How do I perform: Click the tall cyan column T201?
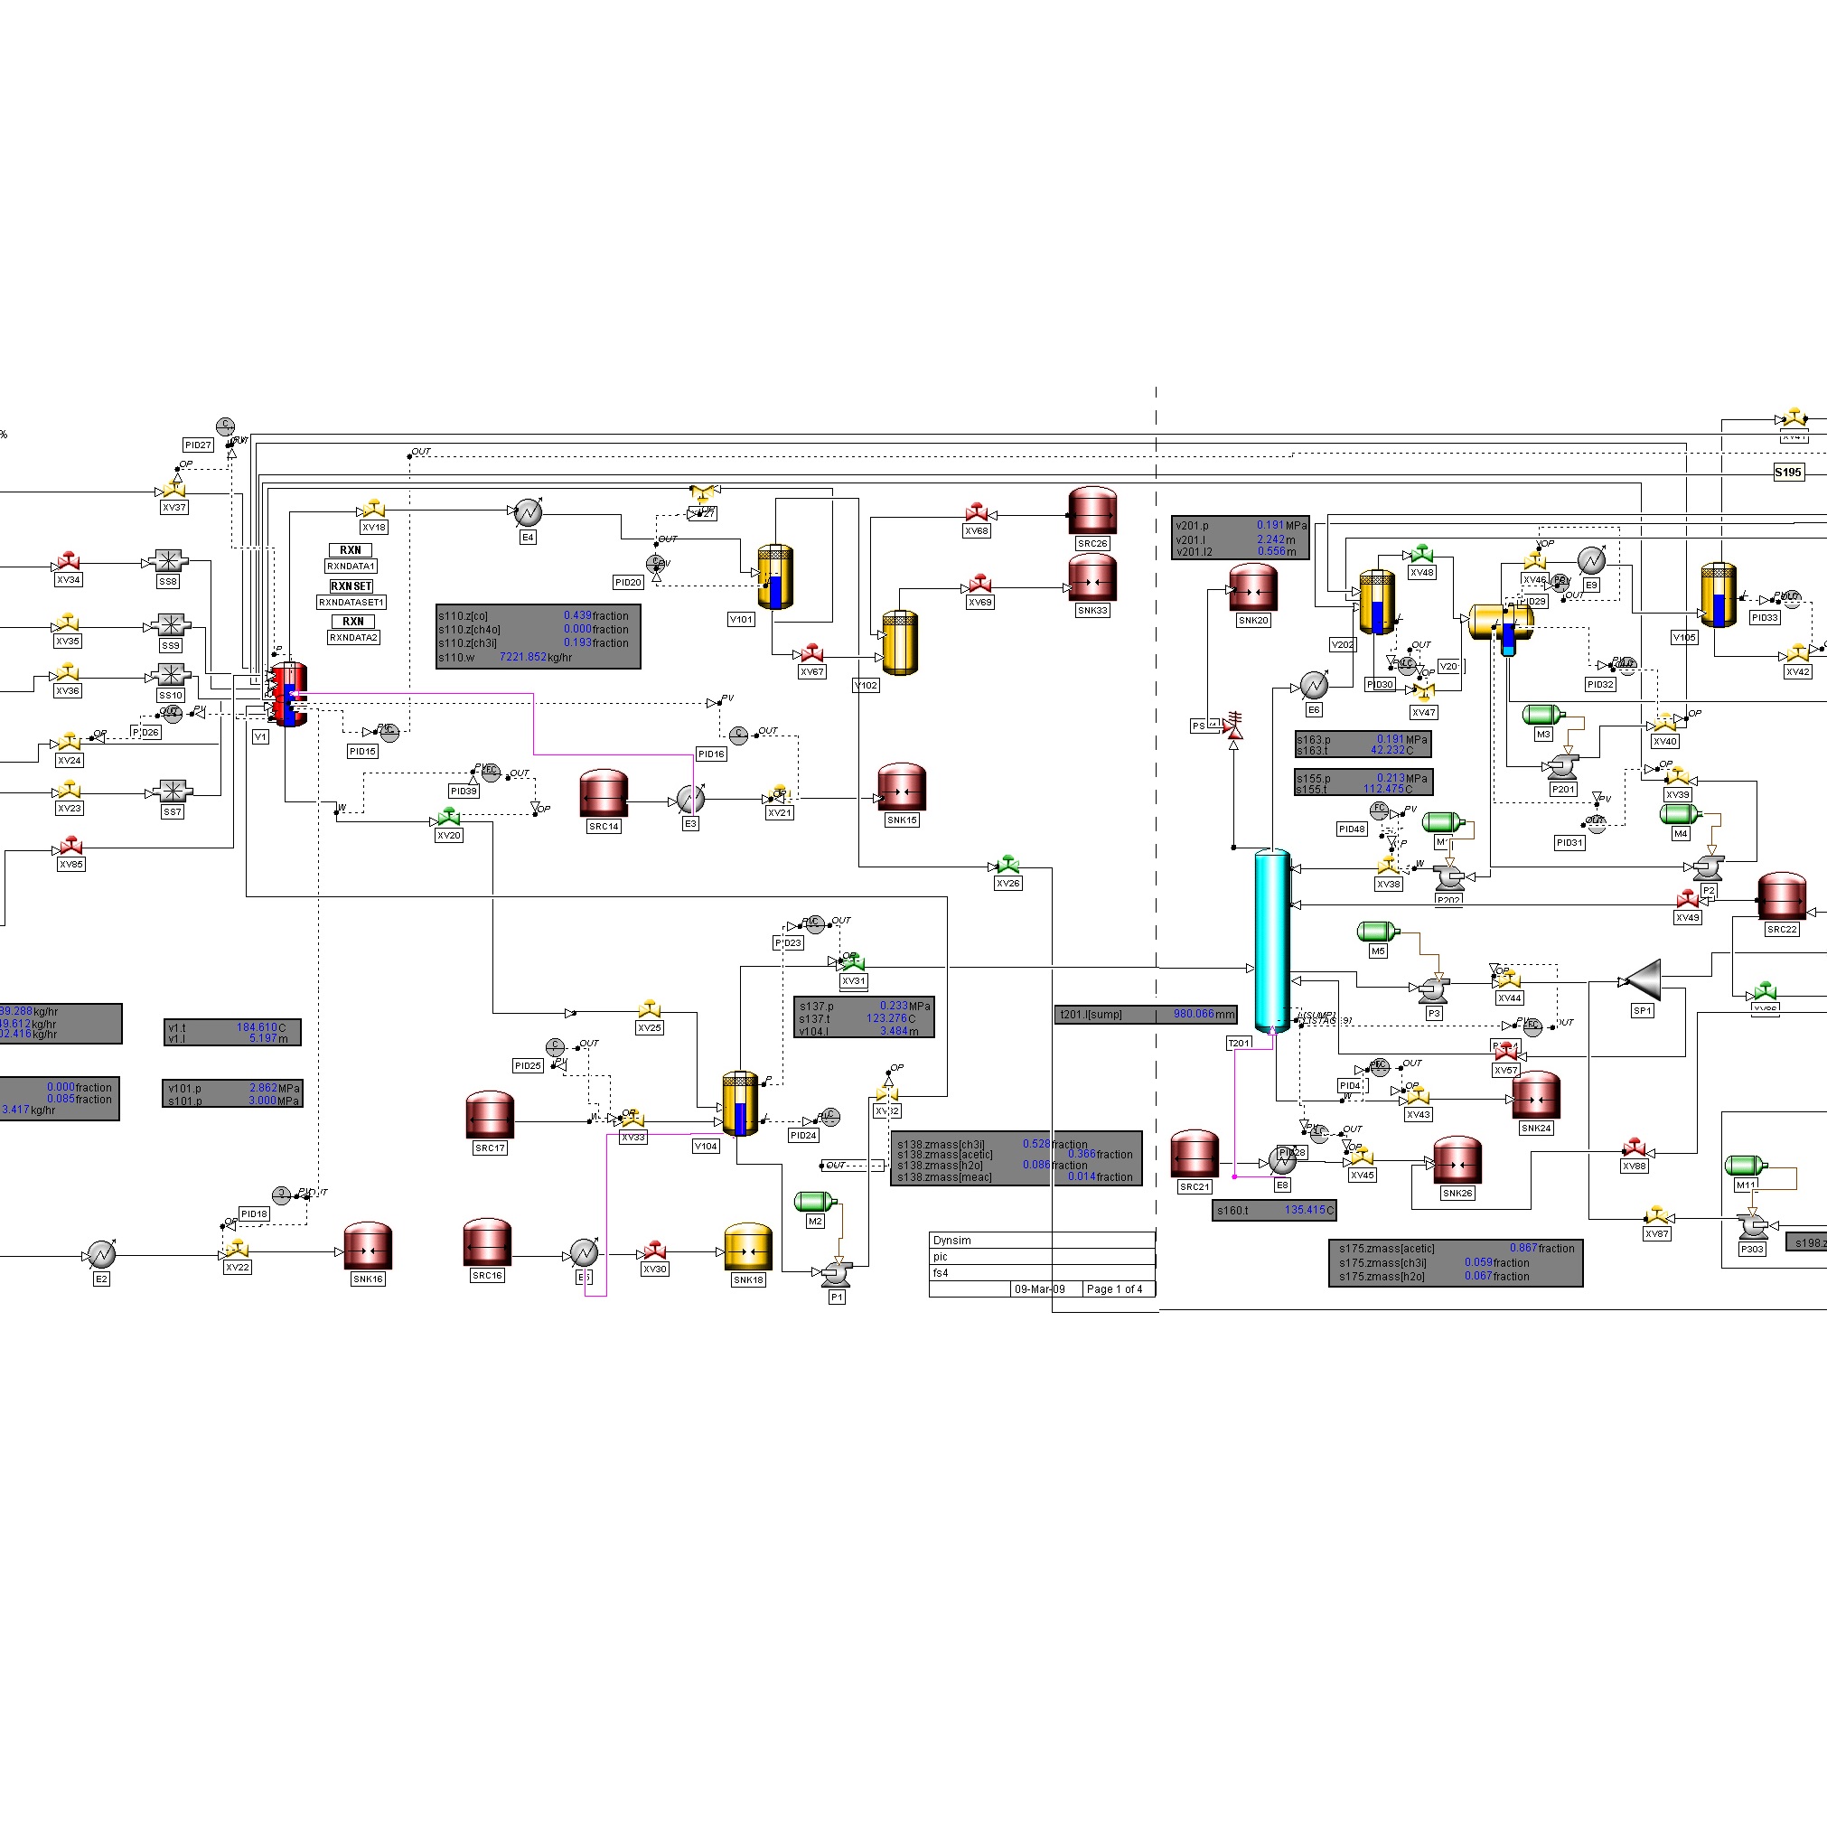(x=1272, y=941)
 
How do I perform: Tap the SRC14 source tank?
(x=604, y=794)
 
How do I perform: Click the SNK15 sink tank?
(x=901, y=788)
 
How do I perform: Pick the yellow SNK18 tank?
(x=748, y=1248)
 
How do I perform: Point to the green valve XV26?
(x=1008, y=866)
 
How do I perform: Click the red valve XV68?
(x=977, y=513)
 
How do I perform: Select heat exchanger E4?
(x=528, y=512)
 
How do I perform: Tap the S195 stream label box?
(x=1787, y=472)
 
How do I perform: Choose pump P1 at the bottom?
(x=835, y=1273)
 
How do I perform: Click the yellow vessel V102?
(x=900, y=643)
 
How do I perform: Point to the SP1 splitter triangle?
(x=1643, y=979)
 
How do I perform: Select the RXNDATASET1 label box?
(x=351, y=603)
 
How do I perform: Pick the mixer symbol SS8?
(x=168, y=561)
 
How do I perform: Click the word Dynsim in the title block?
(x=951, y=1240)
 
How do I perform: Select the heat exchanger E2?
(x=101, y=1255)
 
